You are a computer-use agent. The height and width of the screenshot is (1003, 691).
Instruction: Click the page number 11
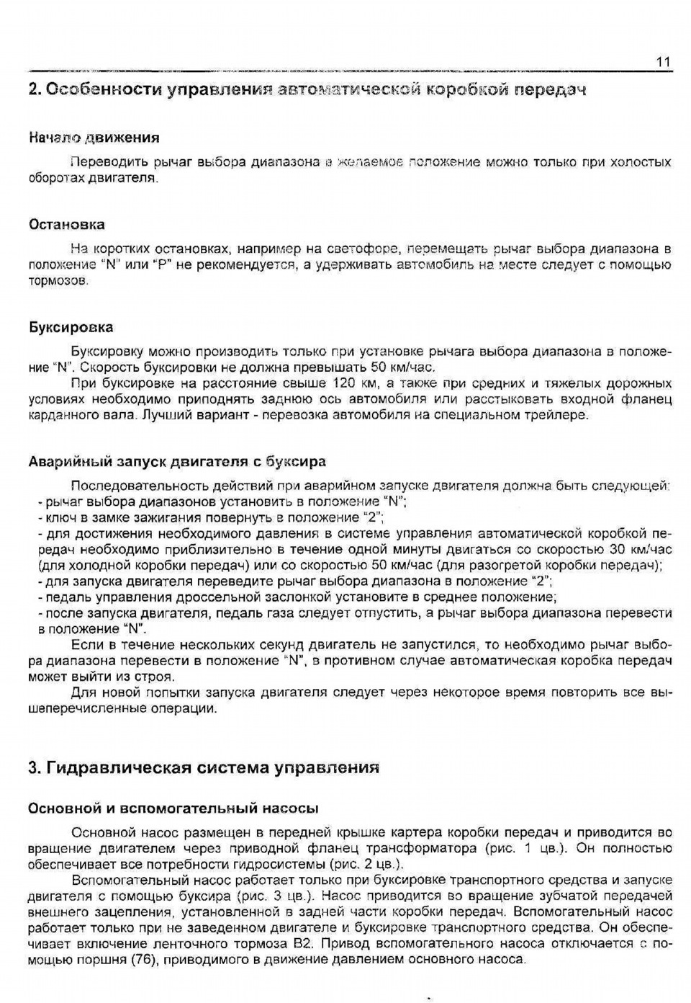point(663,62)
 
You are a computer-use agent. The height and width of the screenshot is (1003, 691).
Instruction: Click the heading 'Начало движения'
point(94,137)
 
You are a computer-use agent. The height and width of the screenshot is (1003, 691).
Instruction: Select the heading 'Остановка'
point(66,224)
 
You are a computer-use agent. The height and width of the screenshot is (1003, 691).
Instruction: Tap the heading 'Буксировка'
point(71,327)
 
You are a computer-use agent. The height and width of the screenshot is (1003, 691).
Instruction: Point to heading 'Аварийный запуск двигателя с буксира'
point(176,461)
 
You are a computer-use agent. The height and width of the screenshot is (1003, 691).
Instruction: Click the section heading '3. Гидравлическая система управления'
point(203,767)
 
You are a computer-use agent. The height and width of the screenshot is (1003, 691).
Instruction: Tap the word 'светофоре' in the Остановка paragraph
point(356,249)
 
